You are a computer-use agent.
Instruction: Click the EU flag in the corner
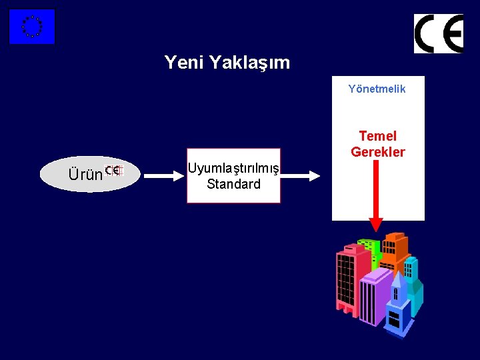31,27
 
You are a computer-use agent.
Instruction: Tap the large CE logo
438,33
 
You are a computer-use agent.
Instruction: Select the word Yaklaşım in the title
249,63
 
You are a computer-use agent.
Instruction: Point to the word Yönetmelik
377,89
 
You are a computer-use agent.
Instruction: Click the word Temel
377,136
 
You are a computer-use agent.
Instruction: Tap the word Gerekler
377,152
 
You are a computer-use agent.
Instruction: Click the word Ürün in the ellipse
85,175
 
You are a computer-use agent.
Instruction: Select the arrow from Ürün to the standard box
163,176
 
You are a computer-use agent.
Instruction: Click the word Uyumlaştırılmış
233,168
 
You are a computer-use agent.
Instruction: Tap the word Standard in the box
233,184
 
